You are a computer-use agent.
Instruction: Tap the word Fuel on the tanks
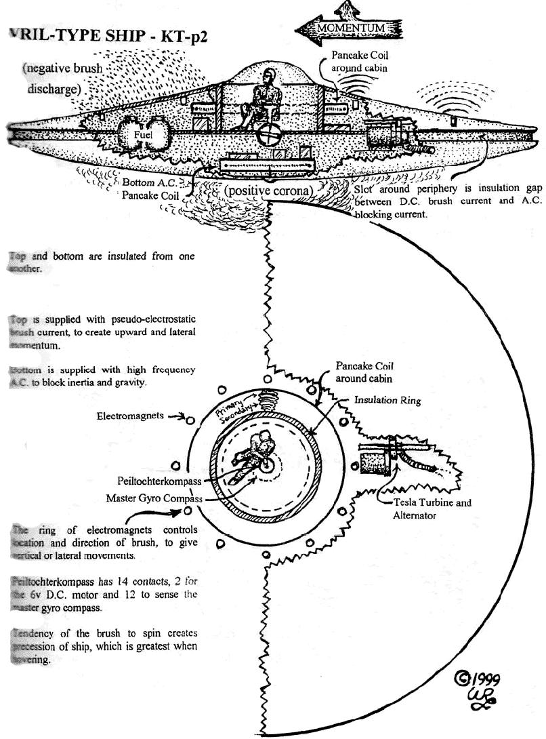pos(142,135)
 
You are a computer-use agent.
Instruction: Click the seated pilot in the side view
pos(263,102)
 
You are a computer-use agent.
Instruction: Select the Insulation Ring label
pos(388,401)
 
